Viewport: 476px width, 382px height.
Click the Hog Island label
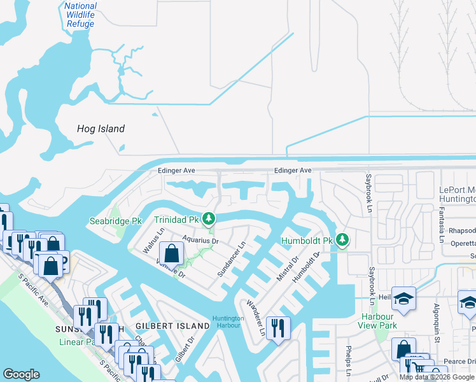101,129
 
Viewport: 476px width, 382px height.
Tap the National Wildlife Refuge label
80,15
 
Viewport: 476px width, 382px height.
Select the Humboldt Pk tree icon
343,240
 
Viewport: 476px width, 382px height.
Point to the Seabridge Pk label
115,221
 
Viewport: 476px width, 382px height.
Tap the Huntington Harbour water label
228,322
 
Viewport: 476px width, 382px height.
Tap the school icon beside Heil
403,299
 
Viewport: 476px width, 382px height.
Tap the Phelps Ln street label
348,362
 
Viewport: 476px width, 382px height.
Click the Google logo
21,374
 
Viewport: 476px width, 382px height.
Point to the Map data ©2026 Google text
437,377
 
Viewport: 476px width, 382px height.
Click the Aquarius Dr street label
200,241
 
